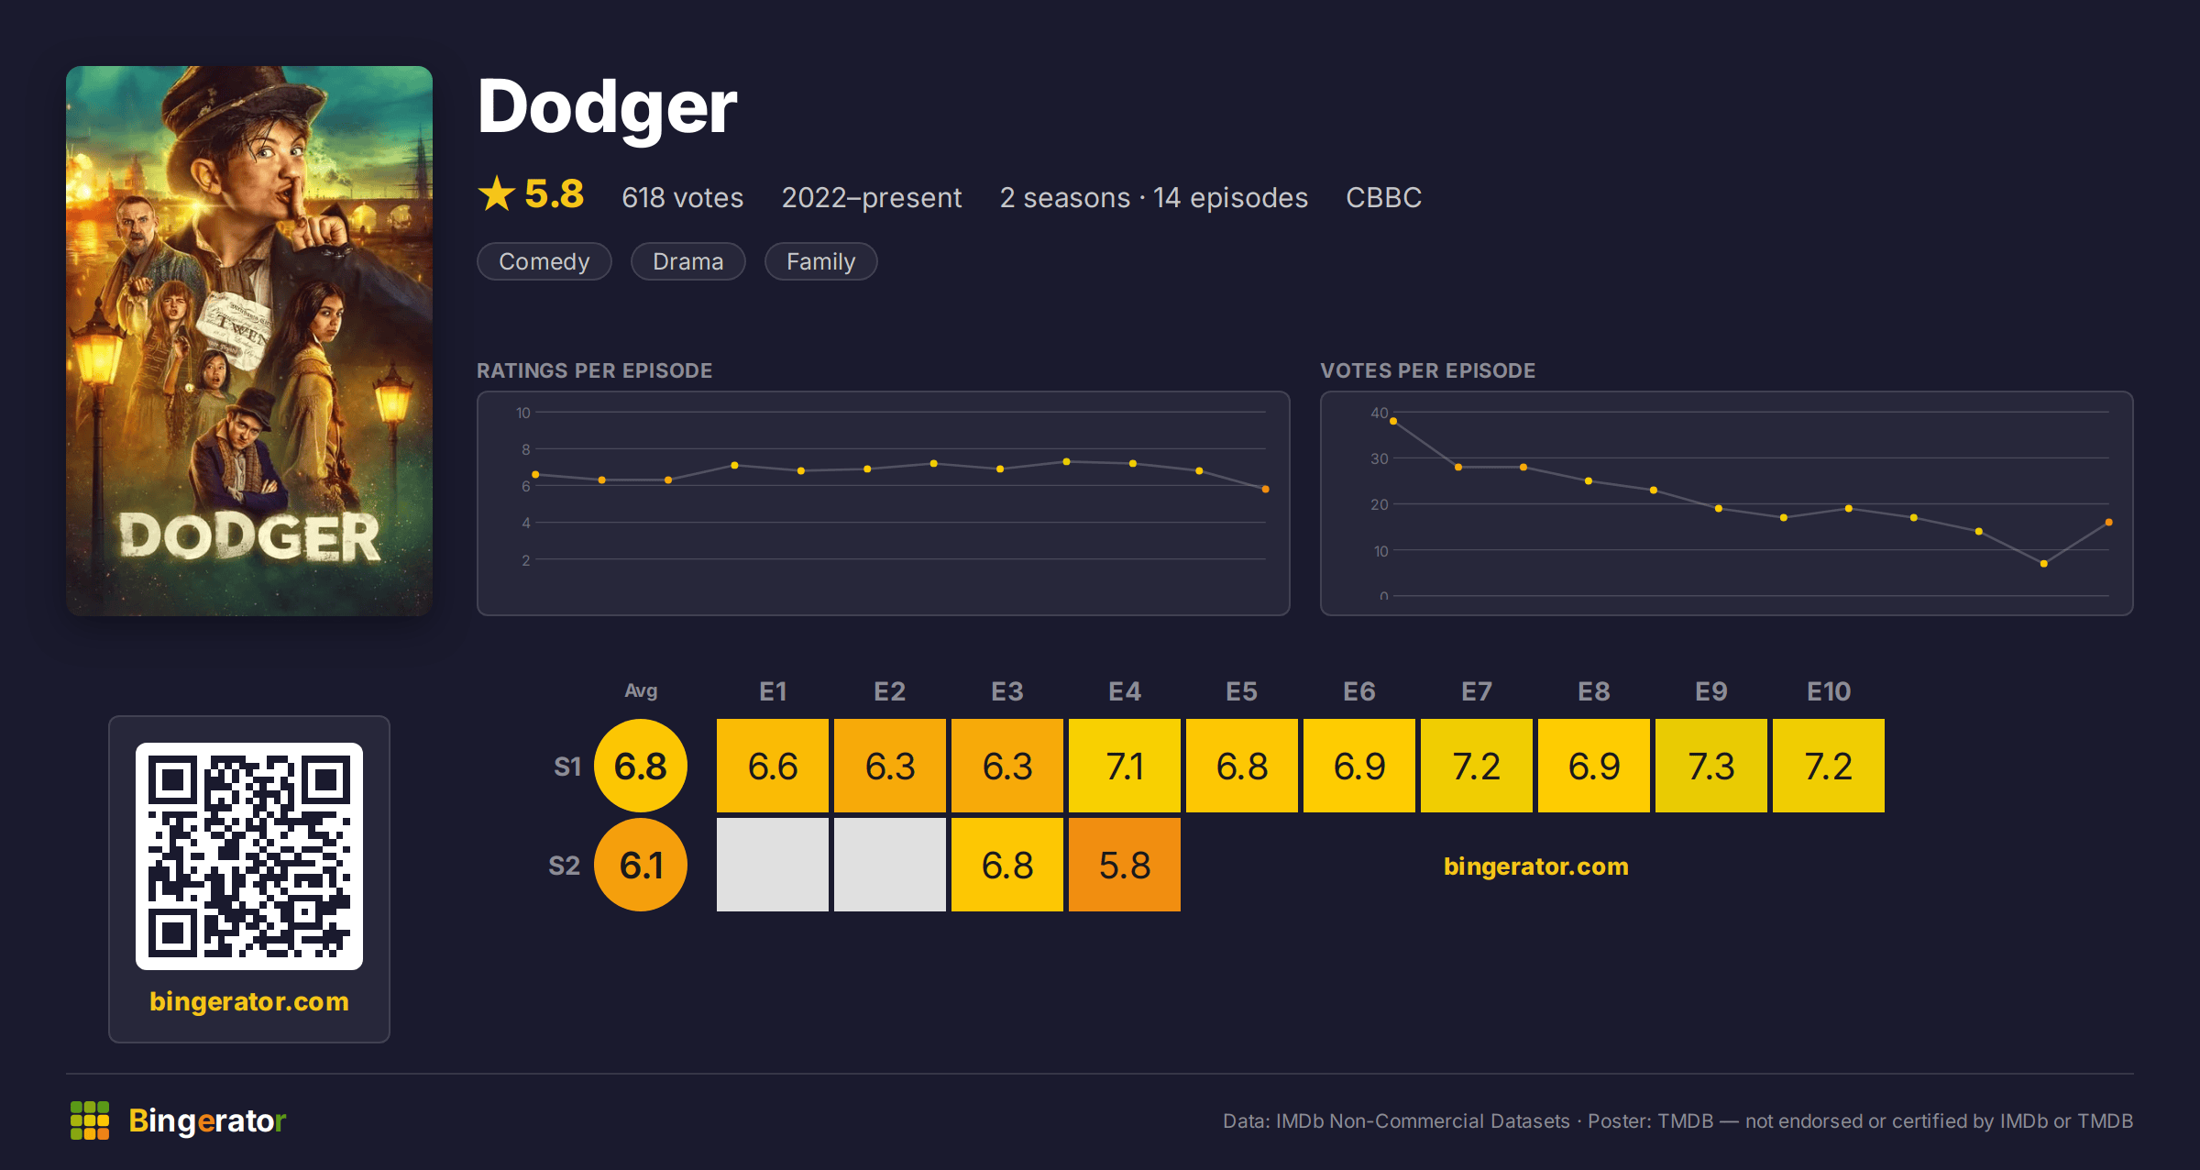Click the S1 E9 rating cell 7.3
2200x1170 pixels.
coord(1711,766)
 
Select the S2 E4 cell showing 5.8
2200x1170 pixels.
coord(1125,865)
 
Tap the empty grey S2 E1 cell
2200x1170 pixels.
coord(773,865)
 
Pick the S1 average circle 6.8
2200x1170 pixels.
coord(641,766)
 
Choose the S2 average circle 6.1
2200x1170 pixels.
coord(641,865)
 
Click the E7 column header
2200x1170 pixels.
coord(1477,691)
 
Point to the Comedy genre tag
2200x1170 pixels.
coord(544,261)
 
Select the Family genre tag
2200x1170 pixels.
coord(821,261)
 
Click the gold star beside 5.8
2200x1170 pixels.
coord(497,193)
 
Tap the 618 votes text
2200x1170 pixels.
coord(683,197)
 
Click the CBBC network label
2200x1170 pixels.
coord(1384,197)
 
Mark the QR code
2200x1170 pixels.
coord(249,856)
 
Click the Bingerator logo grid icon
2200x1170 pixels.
coord(90,1120)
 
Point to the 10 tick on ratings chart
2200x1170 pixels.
coord(523,413)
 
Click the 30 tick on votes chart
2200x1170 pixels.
coord(1380,458)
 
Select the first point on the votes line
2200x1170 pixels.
coord(1393,421)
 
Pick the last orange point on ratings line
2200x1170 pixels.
coord(1266,489)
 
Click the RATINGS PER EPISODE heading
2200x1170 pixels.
coord(595,370)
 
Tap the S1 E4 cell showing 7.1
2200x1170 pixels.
coord(1125,766)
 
